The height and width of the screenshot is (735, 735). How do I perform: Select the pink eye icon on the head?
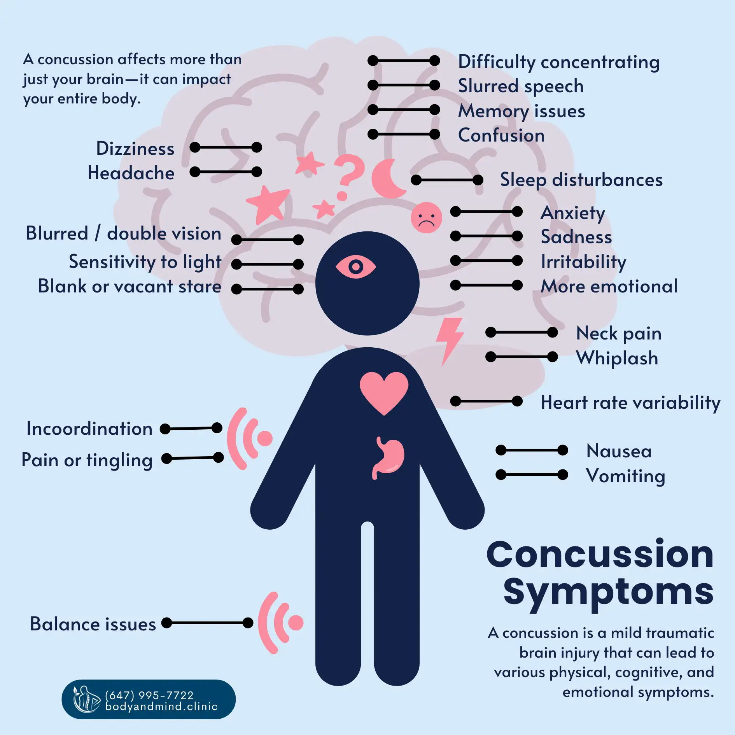pyautogui.click(x=355, y=267)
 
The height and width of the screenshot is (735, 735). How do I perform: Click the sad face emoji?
pyautogui.click(x=426, y=218)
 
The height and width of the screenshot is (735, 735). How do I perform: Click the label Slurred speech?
pyautogui.click(x=521, y=86)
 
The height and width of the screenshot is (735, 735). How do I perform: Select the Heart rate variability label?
pyautogui.click(x=630, y=402)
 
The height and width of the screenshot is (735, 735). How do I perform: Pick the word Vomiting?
pyautogui.click(x=625, y=476)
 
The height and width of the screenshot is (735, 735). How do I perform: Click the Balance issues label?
pyautogui.click(x=93, y=624)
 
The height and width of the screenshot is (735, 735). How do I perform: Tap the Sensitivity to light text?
pyautogui.click(x=145, y=262)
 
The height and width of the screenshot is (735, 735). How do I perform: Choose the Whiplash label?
pyautogui.click(x=617, y=358)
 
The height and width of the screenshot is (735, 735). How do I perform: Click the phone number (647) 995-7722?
pyautogui.click(x=149, y=695)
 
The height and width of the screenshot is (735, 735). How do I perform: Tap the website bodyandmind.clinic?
pyautogui.click(x=161, y=706)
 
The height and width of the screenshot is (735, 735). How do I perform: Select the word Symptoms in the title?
pyautogui.click(x=608, y=592)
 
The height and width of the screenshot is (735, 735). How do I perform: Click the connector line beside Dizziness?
pyautogui.click(x=226, y=147)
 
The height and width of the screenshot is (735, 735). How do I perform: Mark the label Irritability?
pyautogui.click(x=583, y=262)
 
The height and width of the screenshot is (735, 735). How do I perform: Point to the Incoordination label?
pyautogui.click(x=89, y=429)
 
